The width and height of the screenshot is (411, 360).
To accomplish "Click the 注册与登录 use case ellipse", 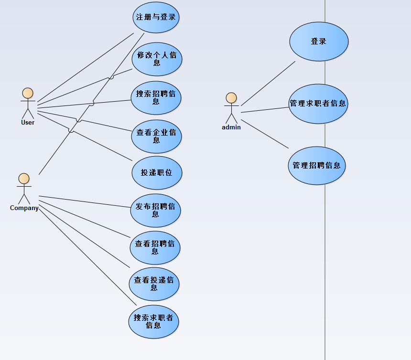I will coord(156,17).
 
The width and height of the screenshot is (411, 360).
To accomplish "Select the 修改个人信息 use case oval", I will coord(157,59).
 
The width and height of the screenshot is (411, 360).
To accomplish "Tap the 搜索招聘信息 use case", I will coord(156,98).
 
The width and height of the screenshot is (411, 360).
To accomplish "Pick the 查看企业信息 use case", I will coord(156,136).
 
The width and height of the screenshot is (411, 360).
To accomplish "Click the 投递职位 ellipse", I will coord(157,173).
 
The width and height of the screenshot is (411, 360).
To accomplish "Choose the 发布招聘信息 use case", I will coord(155,211).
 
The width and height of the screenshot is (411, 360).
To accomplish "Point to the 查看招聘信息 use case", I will coord(155,248).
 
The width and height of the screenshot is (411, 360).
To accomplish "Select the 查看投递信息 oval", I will coord(154,284).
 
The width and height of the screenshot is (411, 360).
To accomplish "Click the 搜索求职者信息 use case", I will coord(153,321).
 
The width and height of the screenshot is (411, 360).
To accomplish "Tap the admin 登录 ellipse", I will coord(319,42).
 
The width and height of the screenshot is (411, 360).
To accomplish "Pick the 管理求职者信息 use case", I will coord(318,103).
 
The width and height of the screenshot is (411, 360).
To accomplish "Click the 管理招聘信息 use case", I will coord(316,166).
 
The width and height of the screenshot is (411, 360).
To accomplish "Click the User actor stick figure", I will coord(28,102).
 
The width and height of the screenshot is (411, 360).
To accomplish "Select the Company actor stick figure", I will coord(23,188).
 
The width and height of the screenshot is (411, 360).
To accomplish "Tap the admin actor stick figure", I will coord(231,107).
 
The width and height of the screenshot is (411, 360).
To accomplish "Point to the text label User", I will coord(28,122).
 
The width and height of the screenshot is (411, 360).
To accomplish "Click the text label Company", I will coord(24,208).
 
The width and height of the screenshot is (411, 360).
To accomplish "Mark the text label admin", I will coord(231,127).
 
